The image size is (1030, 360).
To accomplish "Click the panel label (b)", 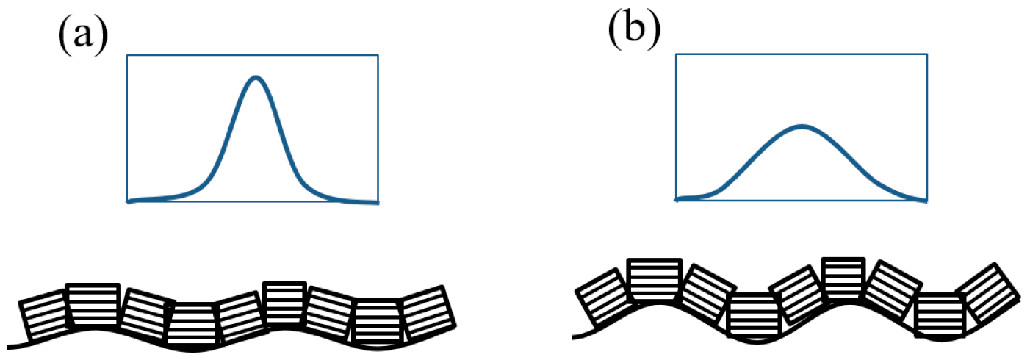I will pyautogui.click(x=634, y=29).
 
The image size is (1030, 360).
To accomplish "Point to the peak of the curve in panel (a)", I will pyautogui.click(x=256, y=77).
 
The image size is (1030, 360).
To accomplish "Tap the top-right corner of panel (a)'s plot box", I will pyautogui.click(x=378, y=54).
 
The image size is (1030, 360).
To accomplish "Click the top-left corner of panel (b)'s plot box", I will pyautogui.click(x=676, y=54).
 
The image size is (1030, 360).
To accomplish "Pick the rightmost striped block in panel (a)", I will pyautogui.click(x=428, y=314).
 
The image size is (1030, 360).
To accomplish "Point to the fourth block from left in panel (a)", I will pyautogui.click(x=192, y=323).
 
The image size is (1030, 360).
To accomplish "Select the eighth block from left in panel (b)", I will pyautogui.click(x=940, y=314).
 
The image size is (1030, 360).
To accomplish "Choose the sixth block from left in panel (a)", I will pyautogui.click(x=284, y=303).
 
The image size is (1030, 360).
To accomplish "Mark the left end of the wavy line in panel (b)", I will pyautogui.click(x=573, y=337).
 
